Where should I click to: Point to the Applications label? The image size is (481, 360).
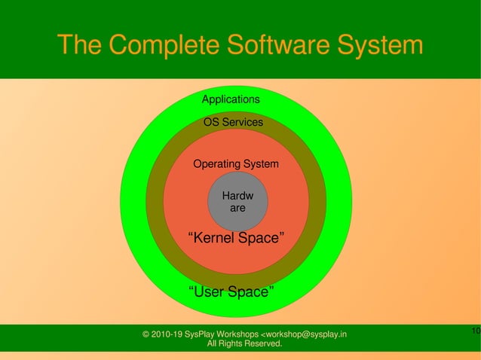(x=231, y=99)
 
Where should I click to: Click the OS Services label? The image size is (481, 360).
(x=233, y=122)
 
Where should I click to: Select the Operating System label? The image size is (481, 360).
(x=235, y=164)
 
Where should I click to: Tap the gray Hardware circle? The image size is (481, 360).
(x=237, y=202)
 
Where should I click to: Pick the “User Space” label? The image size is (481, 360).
(x=231, y=291)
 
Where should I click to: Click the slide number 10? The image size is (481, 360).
(x=475, y=331)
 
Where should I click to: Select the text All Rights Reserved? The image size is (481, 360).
(x=244, y=344)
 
